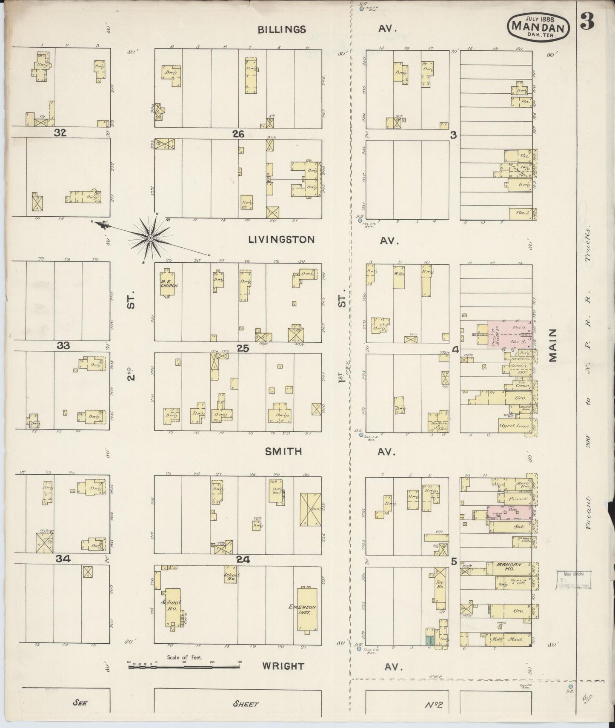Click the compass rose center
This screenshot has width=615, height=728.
click(151, 238)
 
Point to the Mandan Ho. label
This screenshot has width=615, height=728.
click(508, 568)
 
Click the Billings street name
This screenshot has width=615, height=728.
click(282, 29)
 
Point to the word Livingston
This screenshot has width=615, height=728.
click(281, 240)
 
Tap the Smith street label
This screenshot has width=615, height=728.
click(283, 452)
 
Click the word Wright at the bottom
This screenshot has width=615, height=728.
click(283, 666)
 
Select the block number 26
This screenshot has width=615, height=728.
click(238, 134)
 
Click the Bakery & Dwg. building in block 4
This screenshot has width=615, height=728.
click(438, 421)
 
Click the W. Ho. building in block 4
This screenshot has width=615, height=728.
click(399, 277)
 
